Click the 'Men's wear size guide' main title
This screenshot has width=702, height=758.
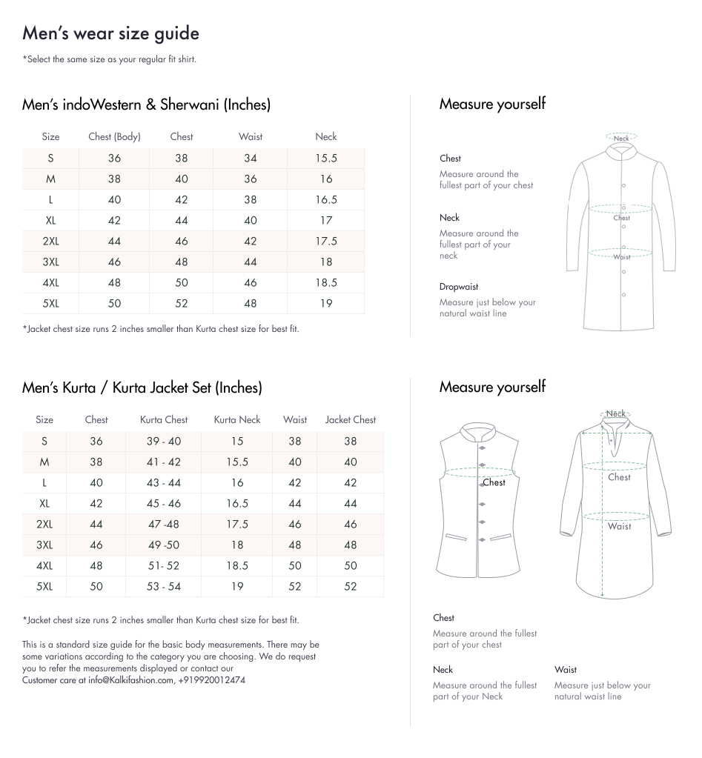click(x=110, y=33)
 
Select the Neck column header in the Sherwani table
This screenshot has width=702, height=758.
click(x=325, y=136)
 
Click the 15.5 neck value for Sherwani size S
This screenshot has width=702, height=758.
click(x=325, y=158)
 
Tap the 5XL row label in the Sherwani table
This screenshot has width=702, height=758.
click(x=50, y=303)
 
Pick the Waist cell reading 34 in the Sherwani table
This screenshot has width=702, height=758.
click(x=250, y=158)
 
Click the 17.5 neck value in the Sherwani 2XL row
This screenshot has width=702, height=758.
click(x=325, y=241)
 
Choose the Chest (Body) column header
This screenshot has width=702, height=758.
click(x=114, y=136)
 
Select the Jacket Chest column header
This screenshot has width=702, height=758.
click(x=350, y=419)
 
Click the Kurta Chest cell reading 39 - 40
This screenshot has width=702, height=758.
click(x=163, y=441)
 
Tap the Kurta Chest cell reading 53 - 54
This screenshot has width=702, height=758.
click(x=163, y=586)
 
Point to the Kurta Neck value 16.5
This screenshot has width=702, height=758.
click(x=237, y=503)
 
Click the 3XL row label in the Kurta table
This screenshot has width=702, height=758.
click(x=44, y=545)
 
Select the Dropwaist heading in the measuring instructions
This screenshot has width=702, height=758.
click(x=458, y=287)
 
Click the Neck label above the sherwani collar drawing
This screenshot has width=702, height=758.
click(x=621, y=139)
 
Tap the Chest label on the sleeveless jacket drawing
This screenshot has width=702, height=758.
click(x=494, y=482)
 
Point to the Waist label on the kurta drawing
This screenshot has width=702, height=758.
click(x=620, y=526)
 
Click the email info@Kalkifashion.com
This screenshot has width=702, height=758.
click(x=130, y=679)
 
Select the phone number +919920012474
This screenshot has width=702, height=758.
click(x=212, y=679)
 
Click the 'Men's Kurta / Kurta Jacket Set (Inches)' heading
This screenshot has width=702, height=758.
click(x=142, y=388)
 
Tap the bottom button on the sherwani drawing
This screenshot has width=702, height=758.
click(x=624, y=294)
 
